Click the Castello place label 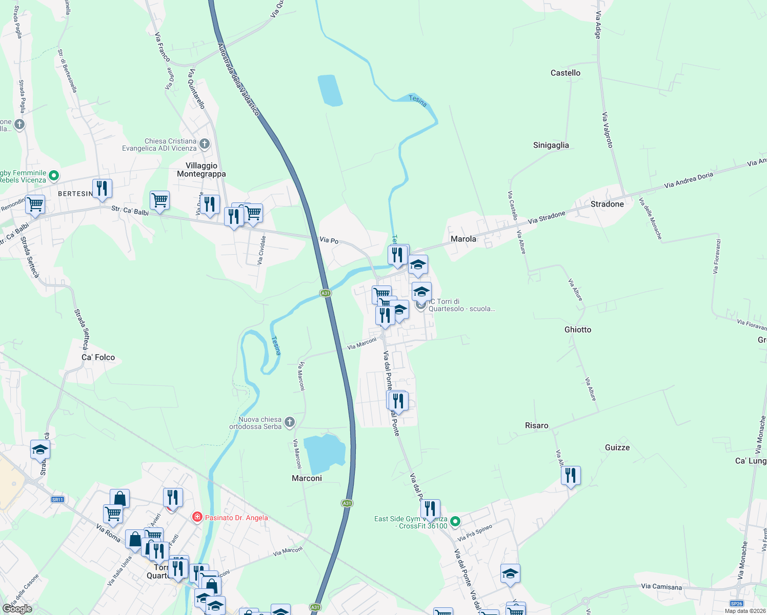tap(566, 73)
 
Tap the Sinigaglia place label tap(551, 145)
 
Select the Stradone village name tap(607, 204)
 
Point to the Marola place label tap(463, 239)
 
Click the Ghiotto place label tap(578, 330)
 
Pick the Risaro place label tap(536, 425)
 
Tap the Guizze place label tap(617, 447)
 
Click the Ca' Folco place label tap(98, 357)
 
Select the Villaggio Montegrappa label tap(201, 170)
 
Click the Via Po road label tap(329, 240)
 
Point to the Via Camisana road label tap(661, 587)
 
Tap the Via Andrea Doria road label tap(689, 180)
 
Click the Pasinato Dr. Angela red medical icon tap(197, 517)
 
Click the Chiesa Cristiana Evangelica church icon tap(205, 144)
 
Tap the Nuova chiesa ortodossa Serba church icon tap(290, 422)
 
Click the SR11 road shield tap(57, 500)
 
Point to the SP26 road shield tap(736, 604)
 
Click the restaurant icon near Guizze tap(570, 476)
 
